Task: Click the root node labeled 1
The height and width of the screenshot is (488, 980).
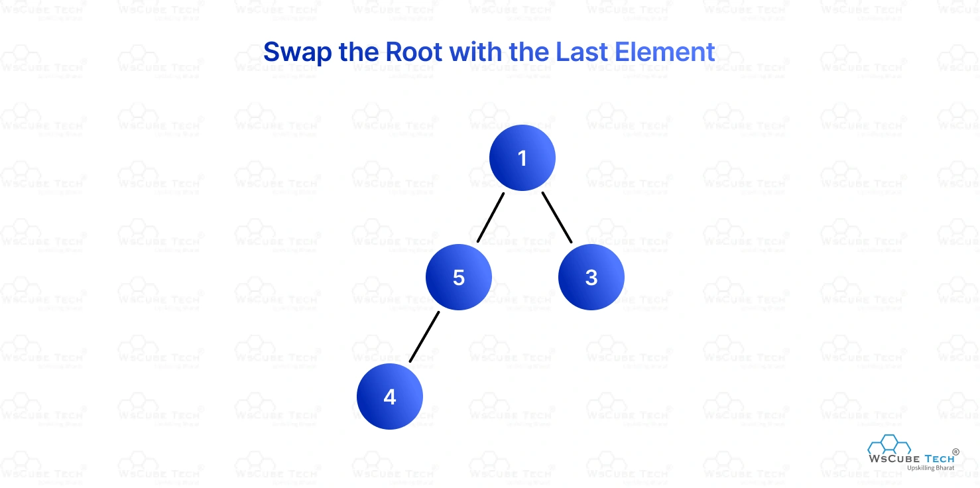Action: point(522,158)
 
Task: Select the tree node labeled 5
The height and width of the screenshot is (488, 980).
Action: point(458,277)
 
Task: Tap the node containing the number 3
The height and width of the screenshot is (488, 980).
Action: point(591,277)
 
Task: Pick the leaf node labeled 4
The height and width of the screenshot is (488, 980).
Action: point(389,396)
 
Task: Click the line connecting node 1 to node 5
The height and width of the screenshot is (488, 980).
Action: point(491,217)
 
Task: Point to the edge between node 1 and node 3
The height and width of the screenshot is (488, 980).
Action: point(557,217)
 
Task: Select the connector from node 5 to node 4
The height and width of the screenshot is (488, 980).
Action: point(424,337)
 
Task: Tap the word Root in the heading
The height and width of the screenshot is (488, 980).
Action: point(414,52)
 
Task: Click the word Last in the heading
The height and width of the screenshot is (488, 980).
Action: point(582,52)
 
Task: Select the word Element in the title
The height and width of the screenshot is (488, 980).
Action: point(664,52)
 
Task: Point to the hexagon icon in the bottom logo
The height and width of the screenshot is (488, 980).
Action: point(889,445)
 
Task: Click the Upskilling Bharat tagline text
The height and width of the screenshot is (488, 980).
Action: point(930,468)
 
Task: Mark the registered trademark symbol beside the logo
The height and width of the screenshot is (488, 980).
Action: point(955,452)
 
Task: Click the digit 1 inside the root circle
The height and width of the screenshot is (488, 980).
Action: point(522,158)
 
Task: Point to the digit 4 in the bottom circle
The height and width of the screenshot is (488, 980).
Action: point(389,397)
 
